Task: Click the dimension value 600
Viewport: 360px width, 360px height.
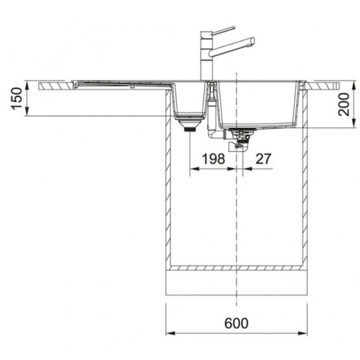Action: (x=236, y=323)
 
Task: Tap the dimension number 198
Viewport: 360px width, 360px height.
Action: (x=213, y=159)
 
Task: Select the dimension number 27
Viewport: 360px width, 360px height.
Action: (x=263, y=159)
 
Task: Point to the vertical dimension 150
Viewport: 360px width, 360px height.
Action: (x=17, y=99)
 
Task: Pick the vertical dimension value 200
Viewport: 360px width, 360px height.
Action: (x=343, y=104)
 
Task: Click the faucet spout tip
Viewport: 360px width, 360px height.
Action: (x=252, y=41)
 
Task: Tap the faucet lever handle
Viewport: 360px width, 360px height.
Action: (x=223, y=31)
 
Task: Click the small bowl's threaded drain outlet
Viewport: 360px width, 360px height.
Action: (x=190, y=130)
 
